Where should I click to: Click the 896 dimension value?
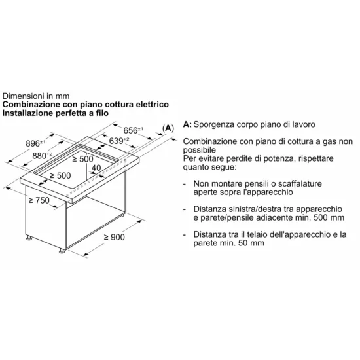33,143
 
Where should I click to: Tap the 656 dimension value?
135,130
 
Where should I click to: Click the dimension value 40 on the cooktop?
96,168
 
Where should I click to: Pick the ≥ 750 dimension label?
39,199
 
